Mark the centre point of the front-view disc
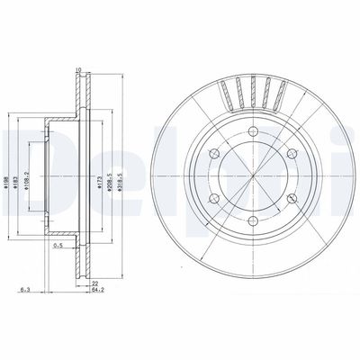(x=250, y=176)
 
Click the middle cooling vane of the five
(x=253, y=89)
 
